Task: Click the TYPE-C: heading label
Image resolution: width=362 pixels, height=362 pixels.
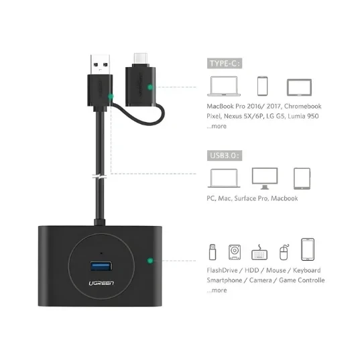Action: [225, 63]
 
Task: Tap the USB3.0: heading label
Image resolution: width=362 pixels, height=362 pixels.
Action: [225, 156]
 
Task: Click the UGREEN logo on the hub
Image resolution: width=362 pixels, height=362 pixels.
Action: [101, 283]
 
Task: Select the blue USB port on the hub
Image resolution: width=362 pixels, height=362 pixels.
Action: [101, 266]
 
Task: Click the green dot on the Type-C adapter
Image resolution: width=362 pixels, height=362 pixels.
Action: [150, 87]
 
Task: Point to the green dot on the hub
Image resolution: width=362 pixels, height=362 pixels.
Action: [150, 261]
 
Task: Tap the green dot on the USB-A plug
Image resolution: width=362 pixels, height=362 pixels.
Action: [111, 97]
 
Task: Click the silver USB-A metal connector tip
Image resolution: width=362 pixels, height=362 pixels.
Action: [100, 64]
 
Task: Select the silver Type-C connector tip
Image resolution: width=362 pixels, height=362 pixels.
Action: [140, 60]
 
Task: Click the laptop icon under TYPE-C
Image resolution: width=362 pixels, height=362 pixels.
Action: [224, 86]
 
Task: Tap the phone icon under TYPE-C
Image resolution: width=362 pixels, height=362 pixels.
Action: [263, 86]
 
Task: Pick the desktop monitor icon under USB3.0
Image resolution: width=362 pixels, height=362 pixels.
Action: [265, 178]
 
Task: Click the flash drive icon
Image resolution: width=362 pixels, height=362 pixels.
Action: [213, 252]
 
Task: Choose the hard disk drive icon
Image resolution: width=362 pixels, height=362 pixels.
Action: [235, 252]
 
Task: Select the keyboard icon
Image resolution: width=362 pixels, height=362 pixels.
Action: [259, 252]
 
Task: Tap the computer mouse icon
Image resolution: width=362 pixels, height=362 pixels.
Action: [284, 252]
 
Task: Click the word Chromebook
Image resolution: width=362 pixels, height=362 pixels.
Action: [302, 106]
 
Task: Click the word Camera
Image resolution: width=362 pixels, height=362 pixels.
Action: [260, 280]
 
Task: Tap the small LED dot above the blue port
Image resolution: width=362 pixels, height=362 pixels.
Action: [101, 253]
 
